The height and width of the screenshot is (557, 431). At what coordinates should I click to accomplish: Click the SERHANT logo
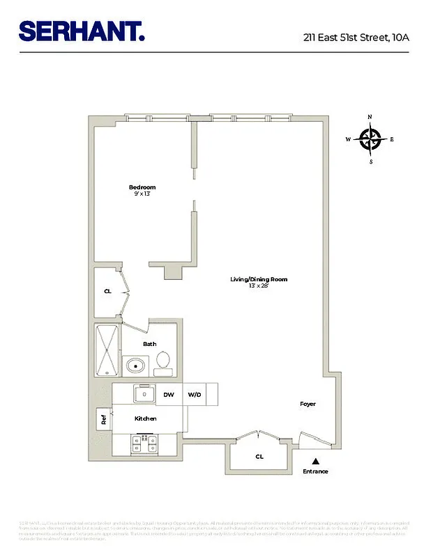pyautogui.click(x=82, y=31)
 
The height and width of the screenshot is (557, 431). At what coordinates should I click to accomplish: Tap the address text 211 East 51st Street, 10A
pyautogui.click(x=356, y=36)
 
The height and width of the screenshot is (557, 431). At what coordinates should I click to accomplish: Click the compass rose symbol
pyautogui.click(x=370, y=139)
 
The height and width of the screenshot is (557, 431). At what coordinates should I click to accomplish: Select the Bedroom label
pyautogui.click(x=142, y=187)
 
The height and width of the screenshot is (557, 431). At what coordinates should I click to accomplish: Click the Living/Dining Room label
pyautogui.click(x=259, y=279)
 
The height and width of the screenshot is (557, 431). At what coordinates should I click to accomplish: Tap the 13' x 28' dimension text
pyautogui.click(x=259, y=286)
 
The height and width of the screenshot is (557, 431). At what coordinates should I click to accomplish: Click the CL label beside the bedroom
pyautogui.click(x=107, y=292)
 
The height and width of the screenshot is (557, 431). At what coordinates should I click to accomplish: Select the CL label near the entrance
pyautogui.click(x=259, y=457)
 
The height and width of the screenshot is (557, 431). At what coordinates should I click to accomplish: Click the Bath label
pyautogui.click(x=149, y=344)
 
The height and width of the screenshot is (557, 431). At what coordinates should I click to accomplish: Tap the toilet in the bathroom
pyautogui.click(x=163, y=360)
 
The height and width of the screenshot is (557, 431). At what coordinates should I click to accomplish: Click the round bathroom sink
pyautogui.click(x=135, y=364)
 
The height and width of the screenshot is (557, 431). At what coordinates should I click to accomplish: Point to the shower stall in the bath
pyautogui.click(x=107, y=350)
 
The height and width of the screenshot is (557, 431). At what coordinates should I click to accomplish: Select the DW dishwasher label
pyautogui.click(x=168, y=395)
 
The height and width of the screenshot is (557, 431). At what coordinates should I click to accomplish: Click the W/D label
pyautogui.click(x=194, y=395)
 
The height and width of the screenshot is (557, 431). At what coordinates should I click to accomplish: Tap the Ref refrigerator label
pyautogui.click(x=104, y=419)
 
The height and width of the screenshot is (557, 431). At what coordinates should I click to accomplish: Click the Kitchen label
pyautogui.click(x=145, y=418)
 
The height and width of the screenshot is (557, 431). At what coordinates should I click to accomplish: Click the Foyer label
pyautogui.click(x=308, y=404)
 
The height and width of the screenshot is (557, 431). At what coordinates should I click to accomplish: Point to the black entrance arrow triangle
pyautogui.click(x=315, y=461)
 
